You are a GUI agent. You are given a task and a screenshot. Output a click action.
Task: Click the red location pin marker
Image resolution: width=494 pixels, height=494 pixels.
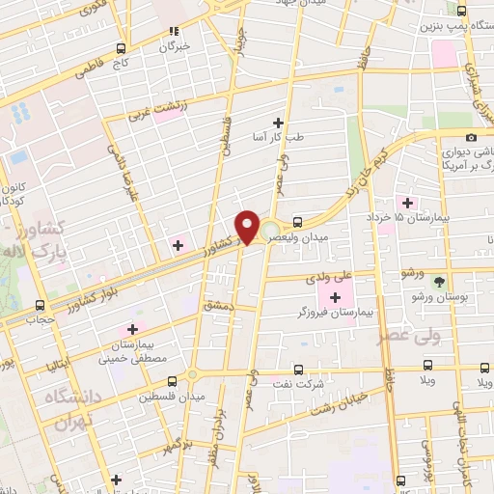[248, 226]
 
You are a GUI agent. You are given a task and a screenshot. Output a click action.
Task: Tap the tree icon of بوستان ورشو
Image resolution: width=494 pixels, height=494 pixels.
[441, 282]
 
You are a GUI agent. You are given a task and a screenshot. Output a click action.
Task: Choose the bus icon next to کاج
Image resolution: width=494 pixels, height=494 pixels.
[121, 47]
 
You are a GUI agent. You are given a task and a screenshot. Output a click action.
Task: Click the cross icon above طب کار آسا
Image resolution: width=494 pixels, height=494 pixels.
[278, 123]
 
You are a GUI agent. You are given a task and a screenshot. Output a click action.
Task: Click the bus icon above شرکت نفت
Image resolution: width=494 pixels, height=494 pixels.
[298, 369]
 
